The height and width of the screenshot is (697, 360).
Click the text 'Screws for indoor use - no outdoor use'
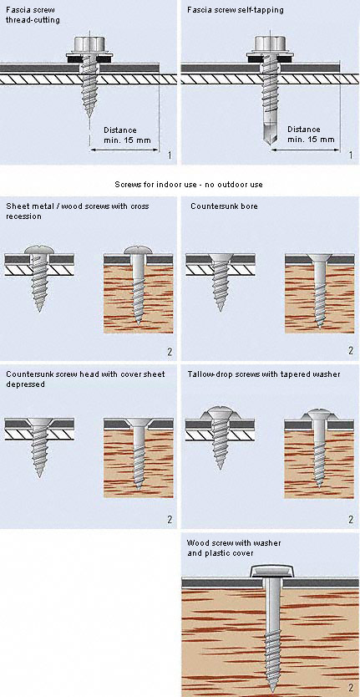tap(180, 184)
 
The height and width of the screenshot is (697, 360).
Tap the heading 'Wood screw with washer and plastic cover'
tap(235, 548)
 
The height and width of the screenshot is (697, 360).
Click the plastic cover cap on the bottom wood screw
tap(271, 572)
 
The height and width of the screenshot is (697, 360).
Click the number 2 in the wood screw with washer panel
tap(350, 686)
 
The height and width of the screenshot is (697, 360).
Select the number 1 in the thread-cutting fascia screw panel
tap(170, 155)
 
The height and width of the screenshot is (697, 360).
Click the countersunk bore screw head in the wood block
tap(318, 258)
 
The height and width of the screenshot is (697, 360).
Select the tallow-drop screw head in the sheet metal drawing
tap(218, 413)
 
